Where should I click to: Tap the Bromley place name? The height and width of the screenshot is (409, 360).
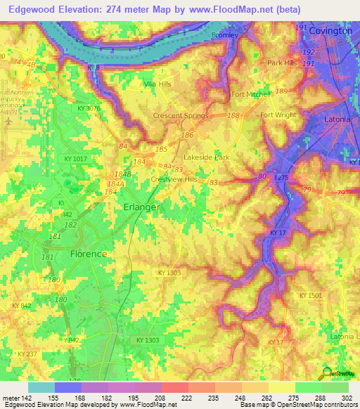225,34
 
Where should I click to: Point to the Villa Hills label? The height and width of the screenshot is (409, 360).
157,84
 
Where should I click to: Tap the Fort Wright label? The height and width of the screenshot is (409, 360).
278,115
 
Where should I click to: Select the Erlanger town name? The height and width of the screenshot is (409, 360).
142,207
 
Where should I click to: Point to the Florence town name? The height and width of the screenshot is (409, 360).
89,254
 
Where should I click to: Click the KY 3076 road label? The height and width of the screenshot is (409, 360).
90,108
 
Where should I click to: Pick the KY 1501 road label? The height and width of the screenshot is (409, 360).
309,296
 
